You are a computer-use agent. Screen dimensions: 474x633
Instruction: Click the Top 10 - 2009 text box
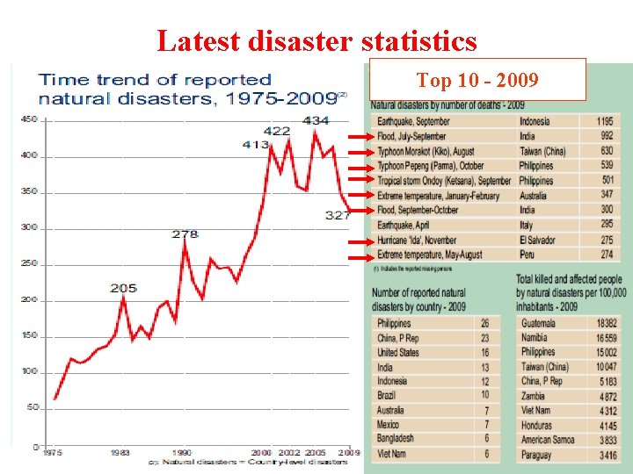click(477, 81)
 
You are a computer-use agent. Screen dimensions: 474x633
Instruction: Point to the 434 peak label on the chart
click(316, 120)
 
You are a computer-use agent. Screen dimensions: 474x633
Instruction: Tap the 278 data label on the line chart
click(185, 234)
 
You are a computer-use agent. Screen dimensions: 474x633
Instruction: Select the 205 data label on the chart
click(123, 288)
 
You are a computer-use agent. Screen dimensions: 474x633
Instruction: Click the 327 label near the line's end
click(338, 215)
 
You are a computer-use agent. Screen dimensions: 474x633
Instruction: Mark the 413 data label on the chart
click(256, 145)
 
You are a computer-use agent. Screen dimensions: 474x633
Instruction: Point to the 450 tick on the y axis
click(29, 120)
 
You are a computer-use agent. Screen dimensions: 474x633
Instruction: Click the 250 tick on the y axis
click(29, 264)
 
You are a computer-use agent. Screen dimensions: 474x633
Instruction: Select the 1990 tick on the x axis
click(182, 453)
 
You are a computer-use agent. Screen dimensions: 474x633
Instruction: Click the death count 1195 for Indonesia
click(605, 122)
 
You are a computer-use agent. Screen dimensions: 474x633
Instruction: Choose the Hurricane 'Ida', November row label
click(416, 240)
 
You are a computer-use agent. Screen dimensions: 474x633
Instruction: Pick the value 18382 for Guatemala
click(606, 323)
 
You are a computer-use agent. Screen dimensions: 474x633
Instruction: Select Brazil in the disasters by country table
click(388, 396)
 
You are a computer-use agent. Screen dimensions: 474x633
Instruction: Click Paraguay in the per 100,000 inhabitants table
click(537, 455)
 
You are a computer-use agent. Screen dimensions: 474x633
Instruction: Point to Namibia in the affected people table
click(535, 338)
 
